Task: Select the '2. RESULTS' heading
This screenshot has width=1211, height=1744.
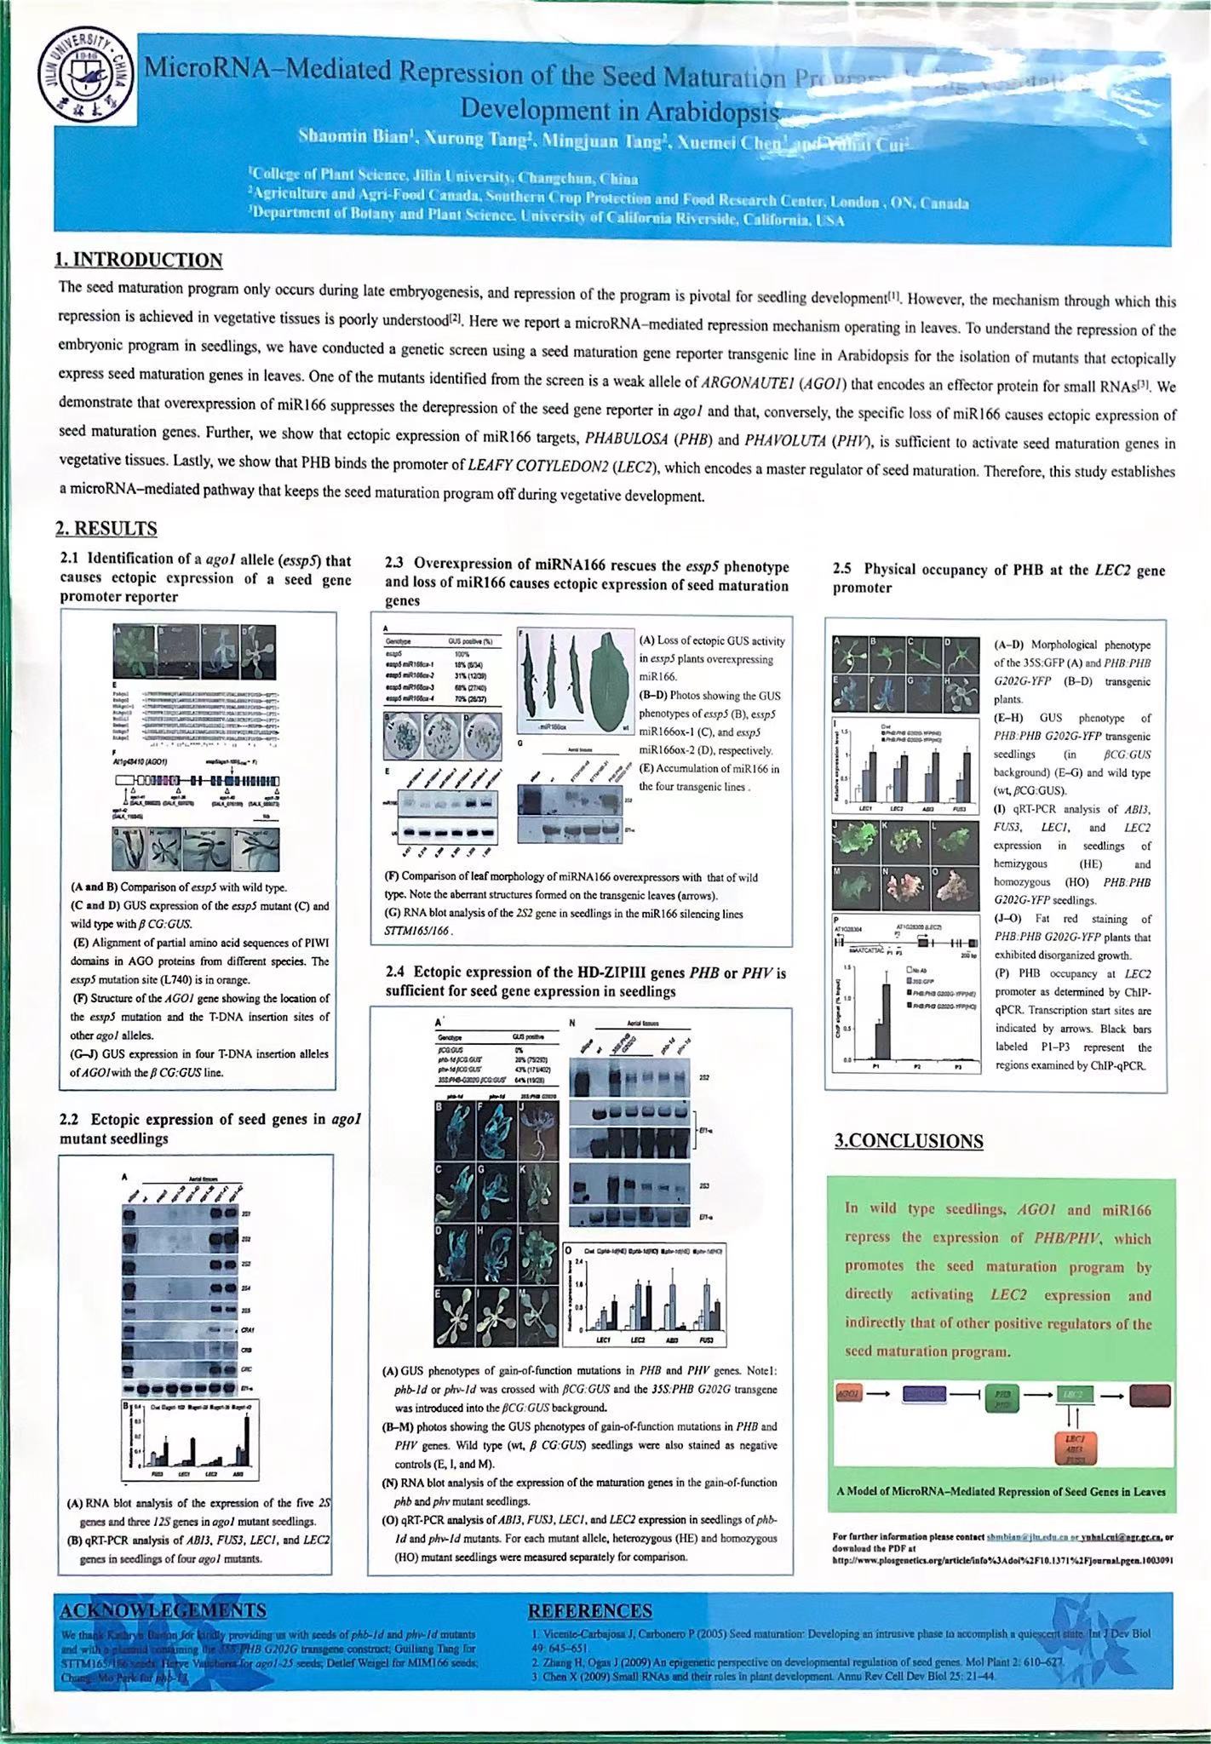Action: [x=106, y=529]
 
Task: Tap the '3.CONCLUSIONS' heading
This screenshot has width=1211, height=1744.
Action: [x=909, y=1141]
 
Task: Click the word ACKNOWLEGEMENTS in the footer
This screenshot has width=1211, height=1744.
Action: [x=163, y=1610]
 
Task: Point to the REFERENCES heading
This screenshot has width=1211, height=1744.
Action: [x=590, y=1610]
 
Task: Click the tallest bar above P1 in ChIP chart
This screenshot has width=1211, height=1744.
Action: [x=887, y=1021]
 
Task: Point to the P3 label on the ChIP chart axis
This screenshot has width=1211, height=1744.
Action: [x=957, y=1065]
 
